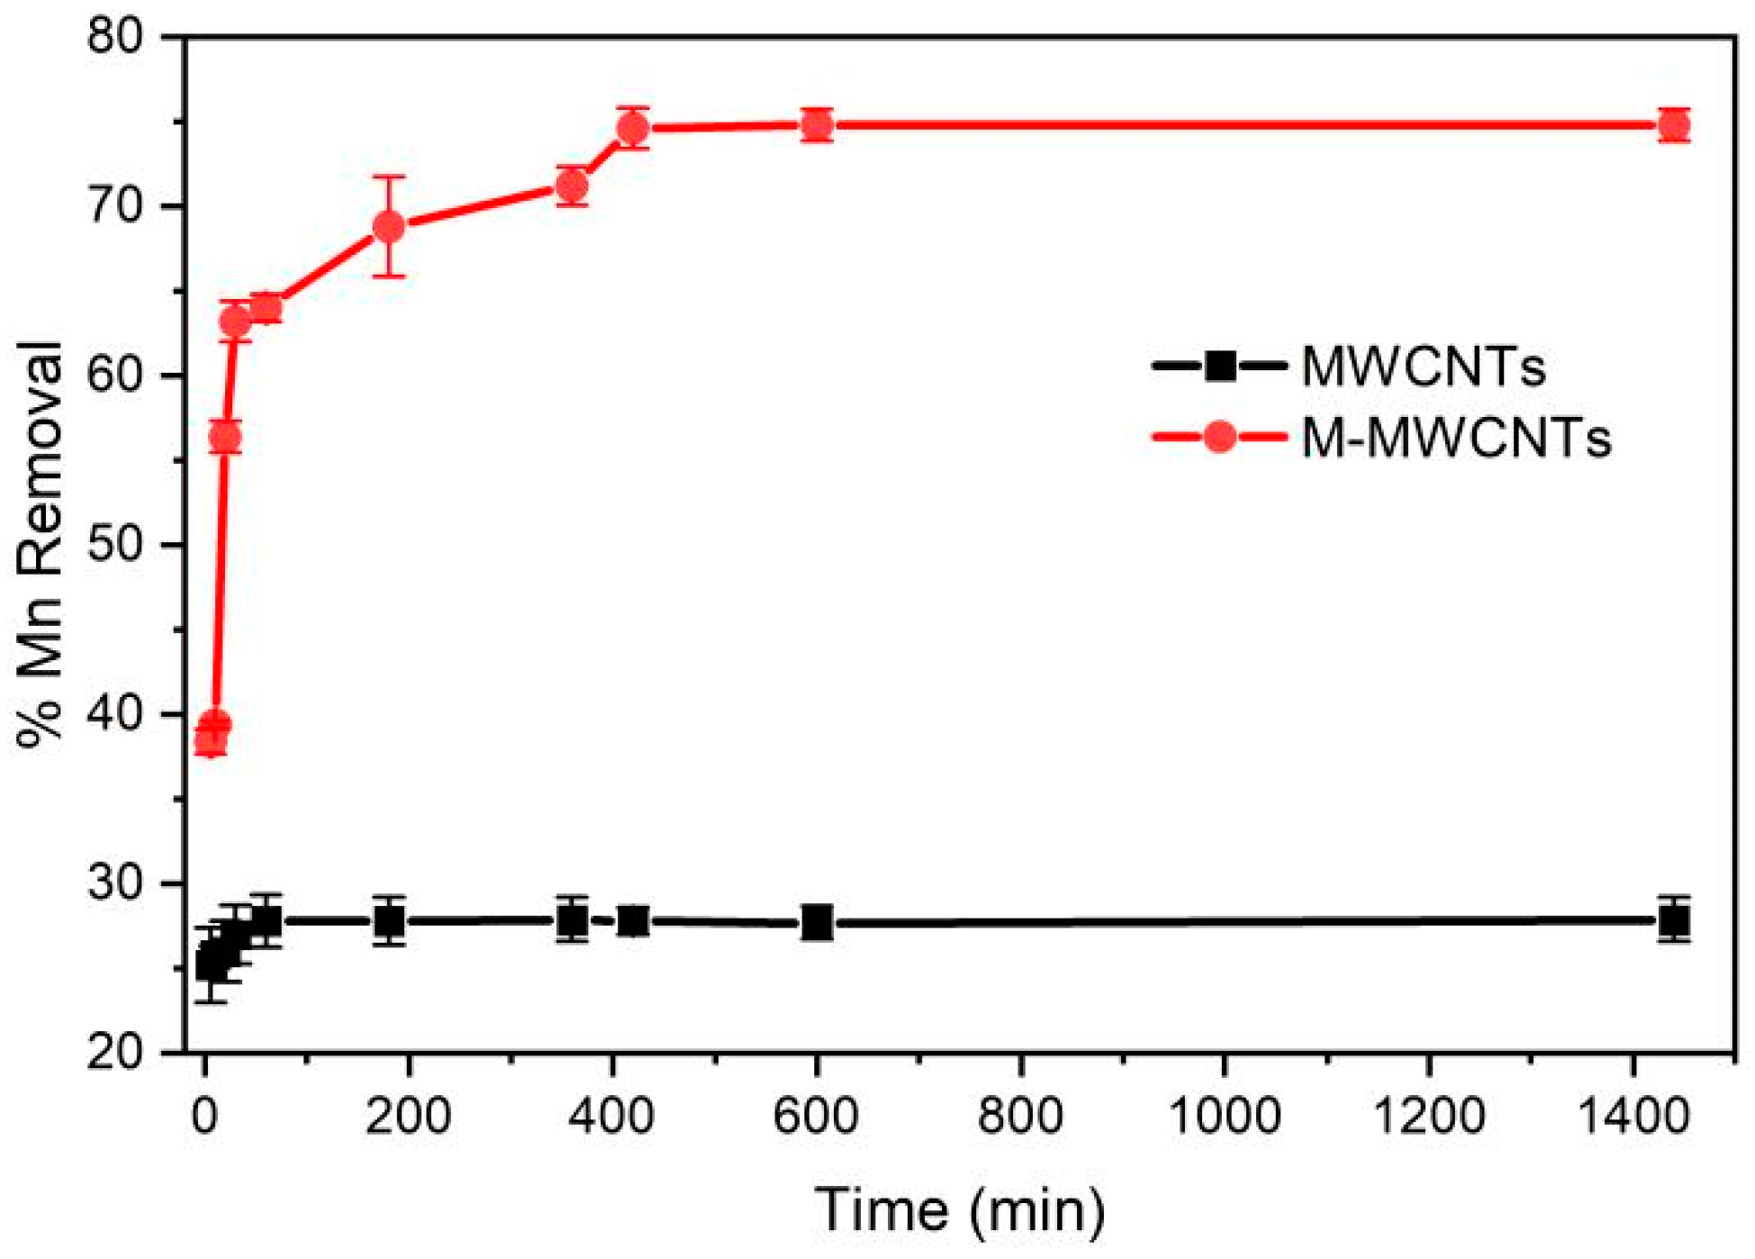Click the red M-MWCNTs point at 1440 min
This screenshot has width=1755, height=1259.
click(1673, 126)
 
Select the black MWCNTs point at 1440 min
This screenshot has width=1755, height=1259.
click(1673, 920)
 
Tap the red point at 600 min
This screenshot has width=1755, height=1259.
click(817, 125)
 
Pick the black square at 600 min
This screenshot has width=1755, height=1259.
click(817, 923)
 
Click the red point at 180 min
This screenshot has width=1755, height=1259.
click(388, 227)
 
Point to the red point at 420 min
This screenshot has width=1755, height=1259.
click(633, 129)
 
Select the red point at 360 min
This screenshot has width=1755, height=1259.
click(572, 186)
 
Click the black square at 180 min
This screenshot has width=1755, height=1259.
click(389, 921)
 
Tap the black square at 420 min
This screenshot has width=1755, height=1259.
click(633, 921)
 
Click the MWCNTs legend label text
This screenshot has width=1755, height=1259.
click(1424, 367)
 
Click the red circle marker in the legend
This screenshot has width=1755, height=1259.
click(1220, 438)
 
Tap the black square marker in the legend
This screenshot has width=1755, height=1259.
click(1220, 367)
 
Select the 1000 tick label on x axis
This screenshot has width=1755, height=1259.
click(1225, 1117)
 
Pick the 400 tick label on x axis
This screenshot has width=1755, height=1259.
click(612, 1117)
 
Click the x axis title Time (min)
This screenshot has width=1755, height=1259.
click(960, 1209)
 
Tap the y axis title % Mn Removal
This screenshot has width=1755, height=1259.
click(41, 544)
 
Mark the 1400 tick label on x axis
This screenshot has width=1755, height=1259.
click(1633, 1117)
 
